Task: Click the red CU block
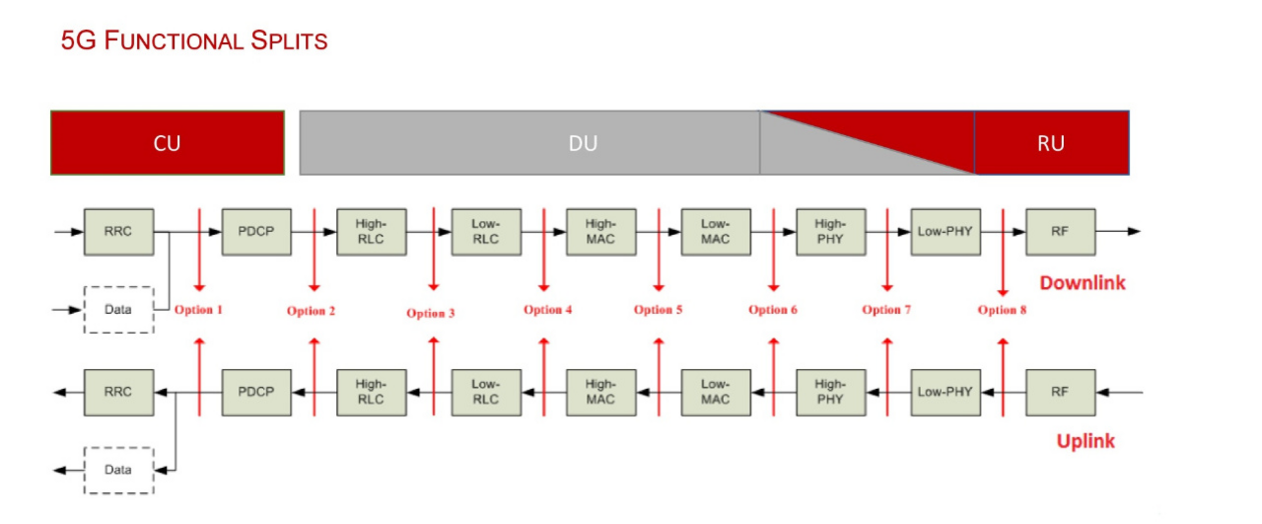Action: [168, 143]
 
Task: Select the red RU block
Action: [1051, 143]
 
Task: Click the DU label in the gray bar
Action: [583, 143]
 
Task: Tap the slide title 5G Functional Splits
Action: [194, 41]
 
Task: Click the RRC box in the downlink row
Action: [118, 232]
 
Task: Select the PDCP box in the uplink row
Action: [256, 392]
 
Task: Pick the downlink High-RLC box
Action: [371, 232]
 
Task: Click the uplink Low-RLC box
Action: [486, 392]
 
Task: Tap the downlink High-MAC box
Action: [600, 232]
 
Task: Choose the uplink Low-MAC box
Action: [715, 392]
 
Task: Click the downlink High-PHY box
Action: [830, 232]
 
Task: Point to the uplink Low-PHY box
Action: [945, 392]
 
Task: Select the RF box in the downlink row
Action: [1060, 232]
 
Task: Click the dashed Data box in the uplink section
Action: [118, 470]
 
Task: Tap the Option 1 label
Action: [198, 310]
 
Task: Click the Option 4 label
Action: [548, 310]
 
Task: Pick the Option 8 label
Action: [1002, 310]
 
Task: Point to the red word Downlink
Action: [1082, 283]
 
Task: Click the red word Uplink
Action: [1086, 441]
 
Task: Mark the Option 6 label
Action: [773, 310]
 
